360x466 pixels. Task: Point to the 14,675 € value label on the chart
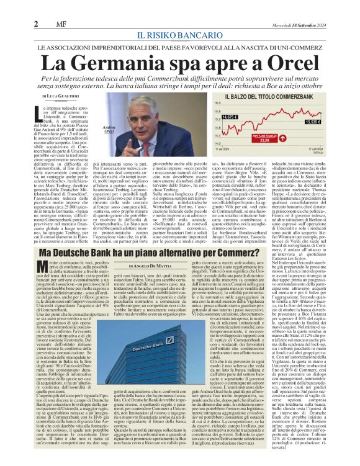[229, 117]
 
